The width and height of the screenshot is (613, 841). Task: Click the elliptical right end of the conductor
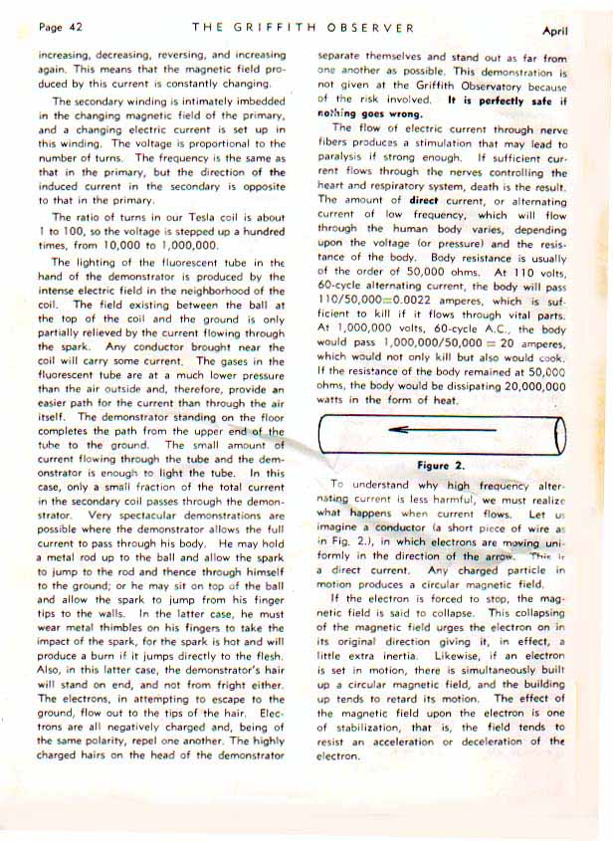point(560,430)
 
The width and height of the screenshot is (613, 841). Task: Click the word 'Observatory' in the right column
point(483,86)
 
